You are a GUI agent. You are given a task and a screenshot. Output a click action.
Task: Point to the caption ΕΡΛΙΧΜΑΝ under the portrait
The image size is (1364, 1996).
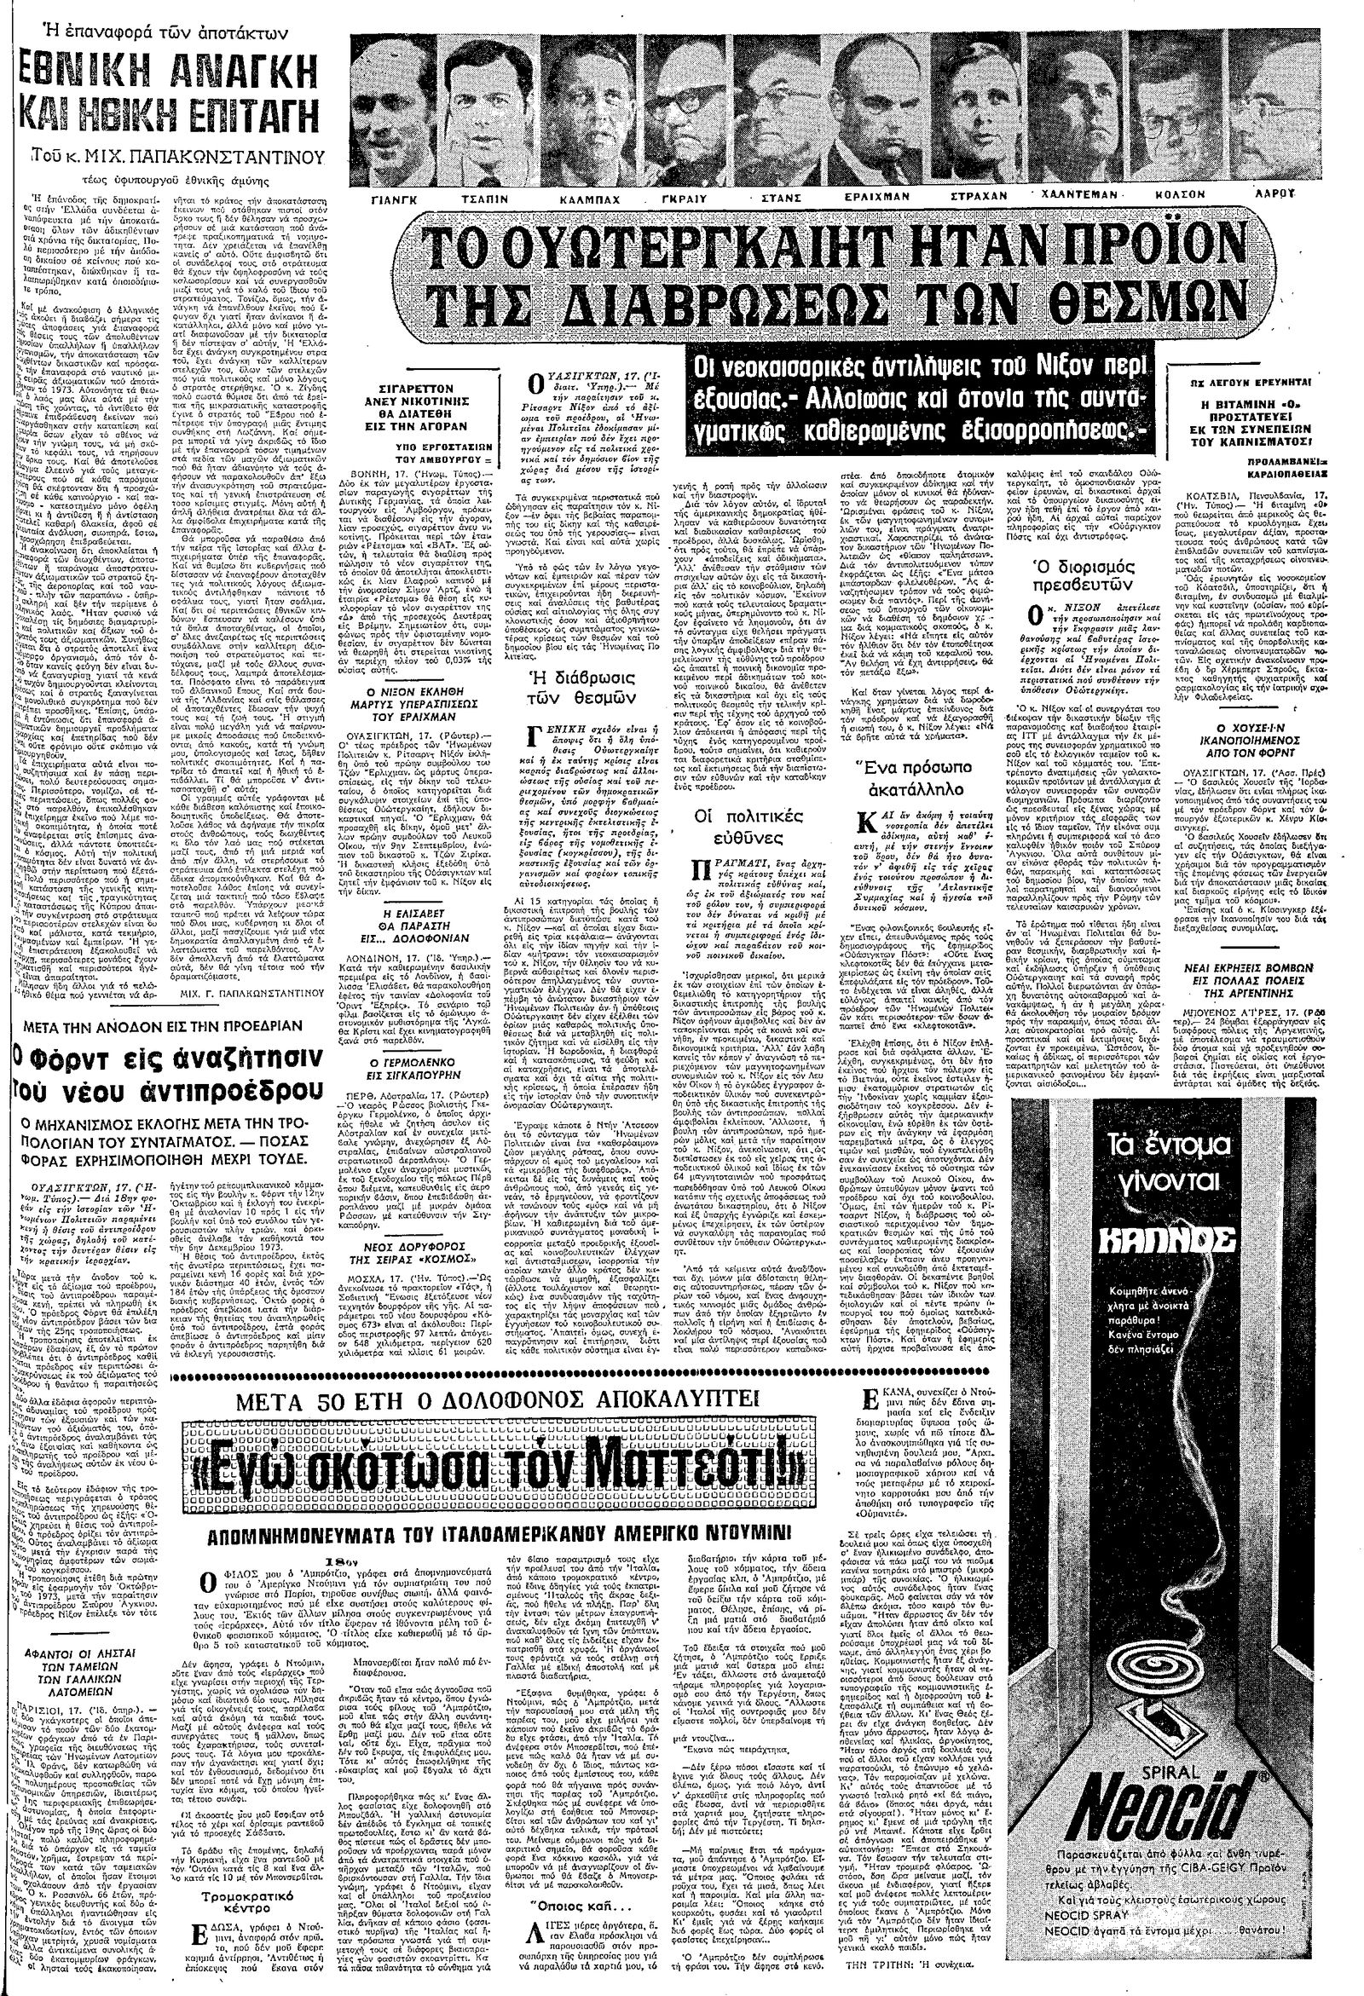point(884,197)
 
